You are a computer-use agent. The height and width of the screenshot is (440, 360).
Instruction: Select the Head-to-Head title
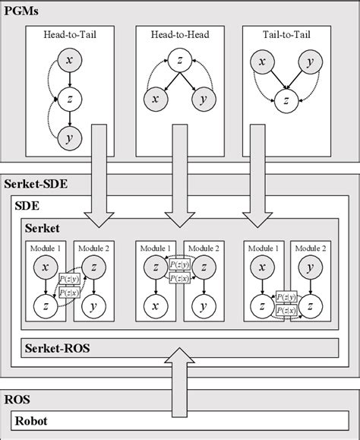(179, 35)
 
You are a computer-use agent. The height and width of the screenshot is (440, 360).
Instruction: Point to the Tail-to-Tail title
(287, 35)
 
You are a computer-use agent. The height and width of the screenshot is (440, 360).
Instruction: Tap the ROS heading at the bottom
(17, 397)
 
